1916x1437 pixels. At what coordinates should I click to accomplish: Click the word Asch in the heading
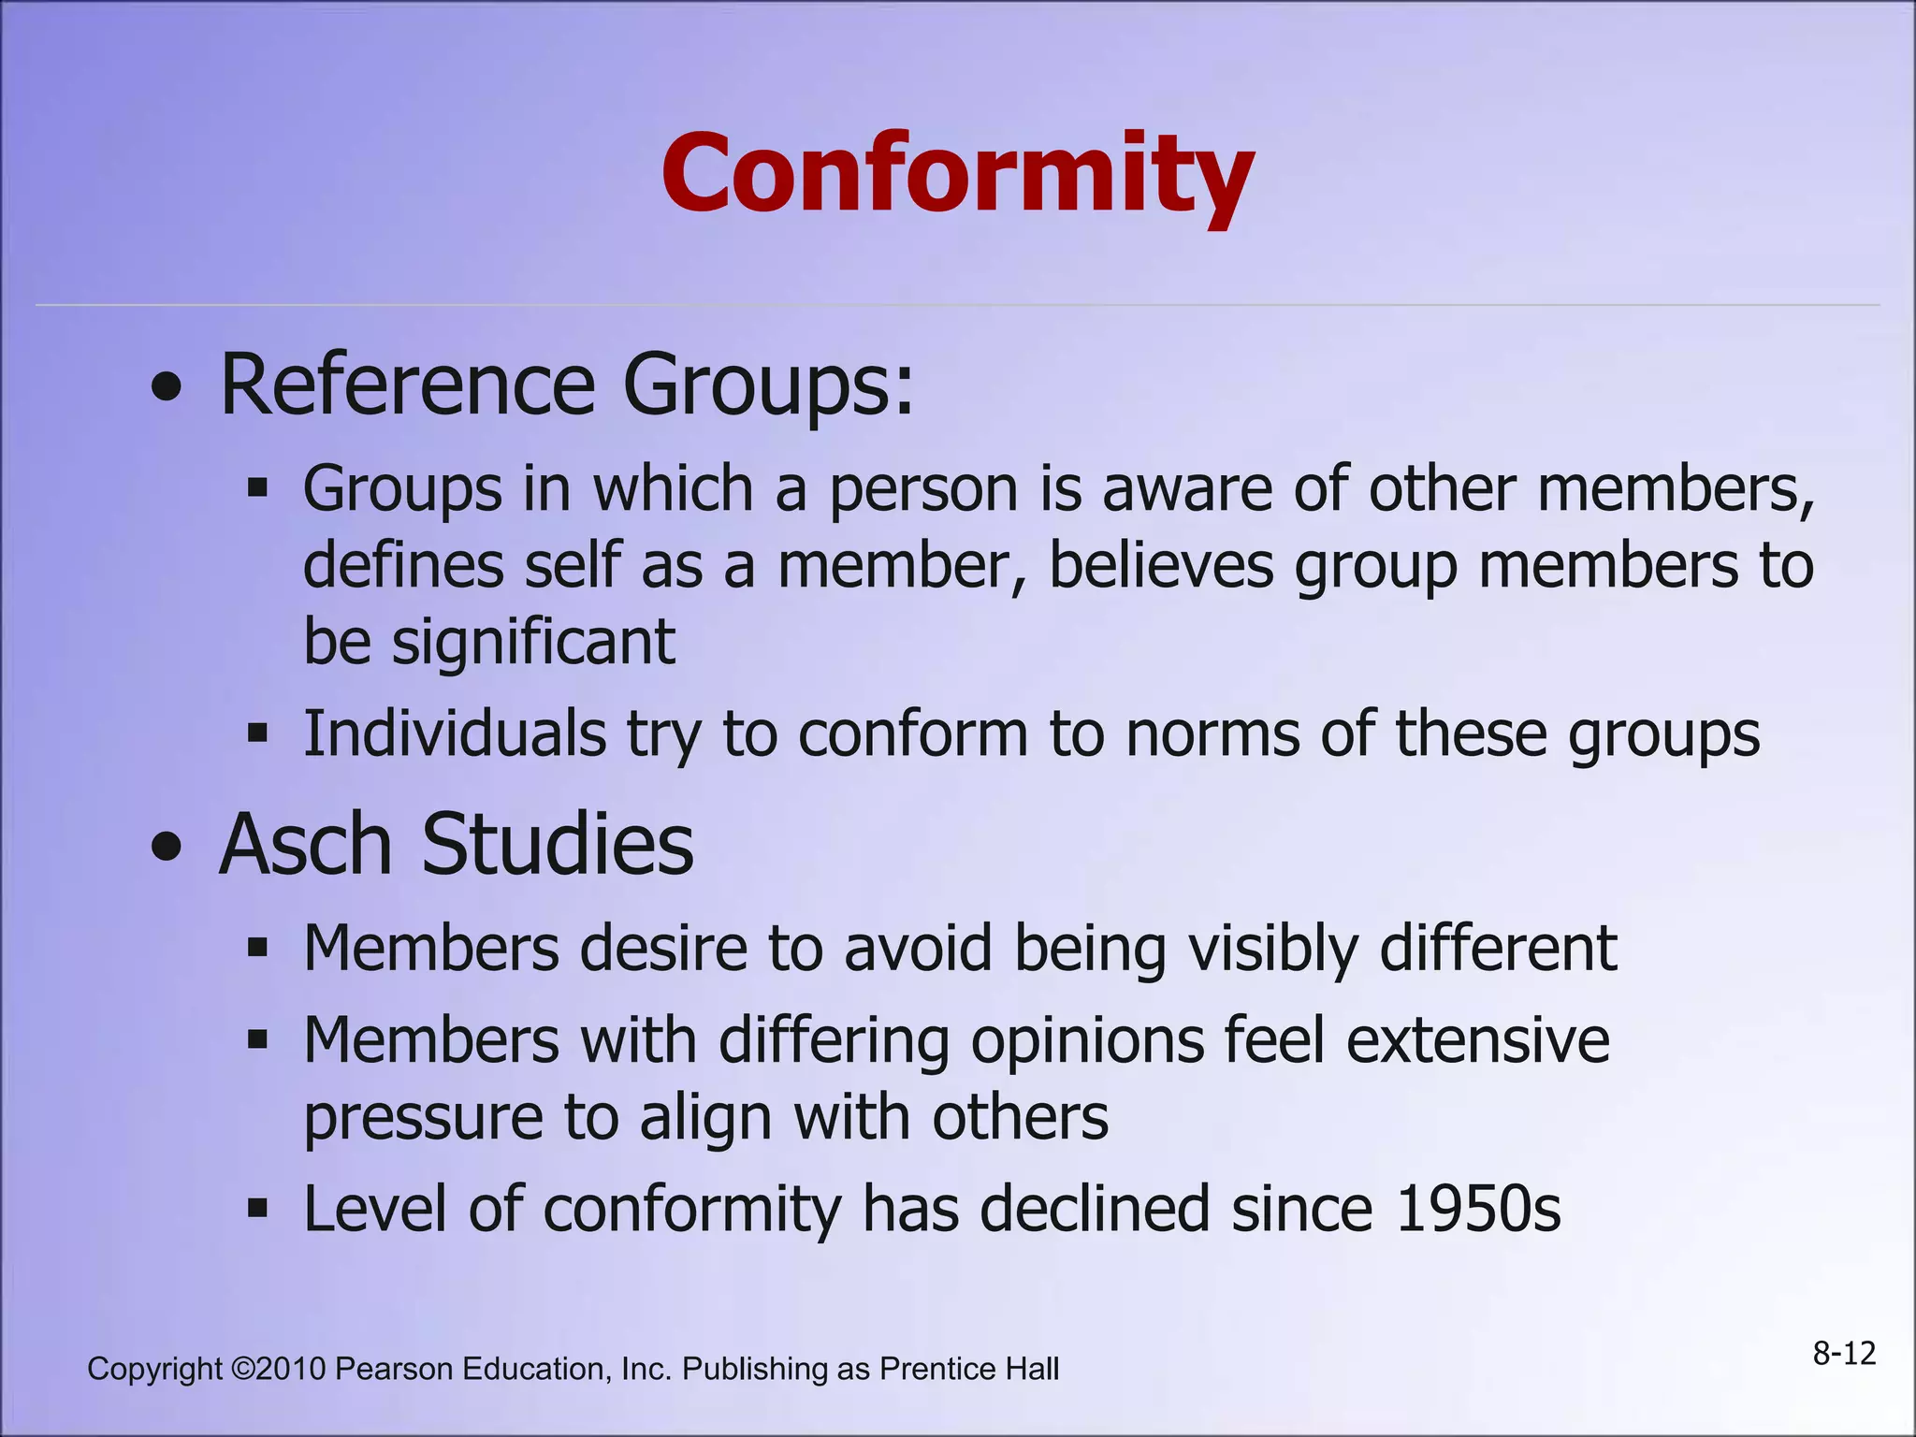click(305, 845)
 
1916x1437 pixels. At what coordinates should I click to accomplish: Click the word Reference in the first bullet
click(407, 385)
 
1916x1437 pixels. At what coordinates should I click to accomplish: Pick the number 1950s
click(1477, 1209)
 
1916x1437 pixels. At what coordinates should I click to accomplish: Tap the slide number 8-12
click(1844, 1353)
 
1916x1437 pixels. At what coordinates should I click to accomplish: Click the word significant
click(533, 643)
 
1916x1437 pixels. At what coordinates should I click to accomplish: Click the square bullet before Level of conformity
click(258, 1209)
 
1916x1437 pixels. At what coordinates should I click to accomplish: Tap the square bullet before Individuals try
click(258, 733)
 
